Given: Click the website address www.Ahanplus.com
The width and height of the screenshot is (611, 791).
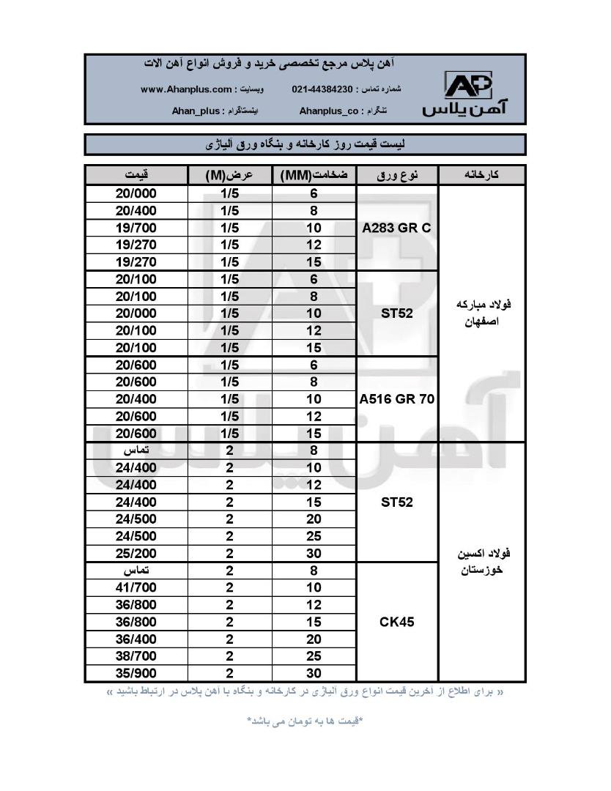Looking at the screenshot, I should point(185,89).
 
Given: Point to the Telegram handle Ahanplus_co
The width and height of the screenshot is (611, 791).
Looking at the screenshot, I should point(329,111).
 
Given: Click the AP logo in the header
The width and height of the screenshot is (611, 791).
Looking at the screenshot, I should point(468,86).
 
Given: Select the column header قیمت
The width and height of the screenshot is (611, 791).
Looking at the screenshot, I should point(136,175).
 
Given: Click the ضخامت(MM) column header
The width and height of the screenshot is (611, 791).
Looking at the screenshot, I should point(314,175).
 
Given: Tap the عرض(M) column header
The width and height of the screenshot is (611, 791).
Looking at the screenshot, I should point(229,175).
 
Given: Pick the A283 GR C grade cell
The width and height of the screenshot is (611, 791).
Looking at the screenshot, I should point(396,228).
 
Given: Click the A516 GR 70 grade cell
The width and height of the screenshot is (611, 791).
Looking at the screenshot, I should point(396,399).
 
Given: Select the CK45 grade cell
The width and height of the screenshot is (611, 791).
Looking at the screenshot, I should point(396,622).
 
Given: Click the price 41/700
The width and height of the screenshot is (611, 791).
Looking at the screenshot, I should point(136,587).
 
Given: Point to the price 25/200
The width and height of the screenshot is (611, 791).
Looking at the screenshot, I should point(136,553).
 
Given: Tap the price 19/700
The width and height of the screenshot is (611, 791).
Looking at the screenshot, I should point(136,228).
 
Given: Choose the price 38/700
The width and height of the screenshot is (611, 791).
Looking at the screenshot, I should point(136,656).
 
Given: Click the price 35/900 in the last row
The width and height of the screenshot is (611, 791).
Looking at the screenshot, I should point(136,673).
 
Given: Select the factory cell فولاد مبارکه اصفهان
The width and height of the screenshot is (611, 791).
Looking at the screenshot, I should point(481,313).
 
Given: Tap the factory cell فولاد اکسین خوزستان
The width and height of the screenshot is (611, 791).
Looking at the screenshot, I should point(481,561).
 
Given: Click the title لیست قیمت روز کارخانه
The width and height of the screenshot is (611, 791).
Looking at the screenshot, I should point(304,144).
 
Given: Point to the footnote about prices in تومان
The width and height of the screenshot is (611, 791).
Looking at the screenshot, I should point(304,721).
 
